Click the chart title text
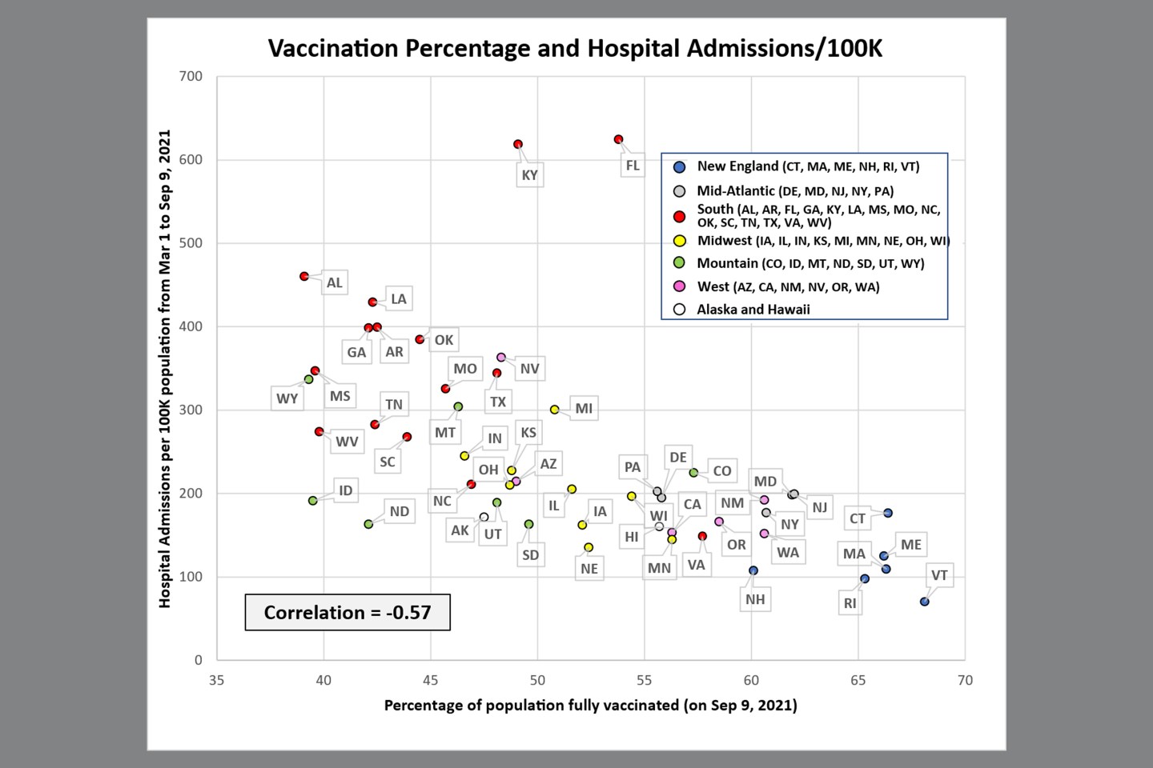(x=575, y=48)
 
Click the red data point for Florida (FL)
(x=618, y=139)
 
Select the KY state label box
(x=529, y=175)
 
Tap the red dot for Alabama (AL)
(x=304, y=276)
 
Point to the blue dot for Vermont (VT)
(x=925, y=602)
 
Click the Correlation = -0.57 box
(x=348, y=613)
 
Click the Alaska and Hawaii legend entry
(x=753, y=310)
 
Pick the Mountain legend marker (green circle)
(x=679, y=263)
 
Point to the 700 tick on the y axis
(x=191, y=77)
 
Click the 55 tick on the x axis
(x=645, y=680)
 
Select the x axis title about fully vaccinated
(x=590, y=706)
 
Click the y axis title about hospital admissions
(x=165, y=368)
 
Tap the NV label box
(x=529, y=369)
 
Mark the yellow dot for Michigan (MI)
(x=554, y=410)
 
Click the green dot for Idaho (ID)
(x=313, y=501)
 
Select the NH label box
(x=755, y=599)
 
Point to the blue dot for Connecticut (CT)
(x=888, y=513)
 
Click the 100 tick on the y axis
(x=191, y=577)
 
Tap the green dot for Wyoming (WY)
(x=309, y=379)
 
